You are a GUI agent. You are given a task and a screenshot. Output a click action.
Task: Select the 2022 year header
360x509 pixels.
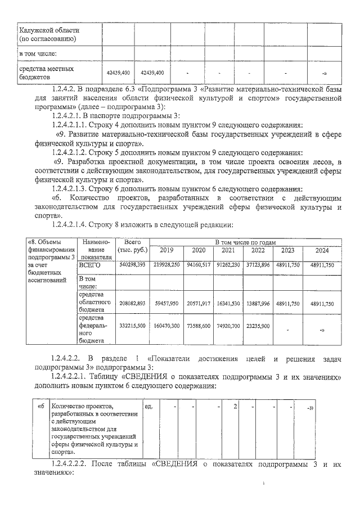(x=257, y=250)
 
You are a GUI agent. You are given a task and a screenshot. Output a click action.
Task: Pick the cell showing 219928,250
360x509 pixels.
(x=166, y=264)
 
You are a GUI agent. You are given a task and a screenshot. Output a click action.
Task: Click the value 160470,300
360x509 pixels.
(x=166, y=326)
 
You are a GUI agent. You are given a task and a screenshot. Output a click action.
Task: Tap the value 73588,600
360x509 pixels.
(x=198, y=326)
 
